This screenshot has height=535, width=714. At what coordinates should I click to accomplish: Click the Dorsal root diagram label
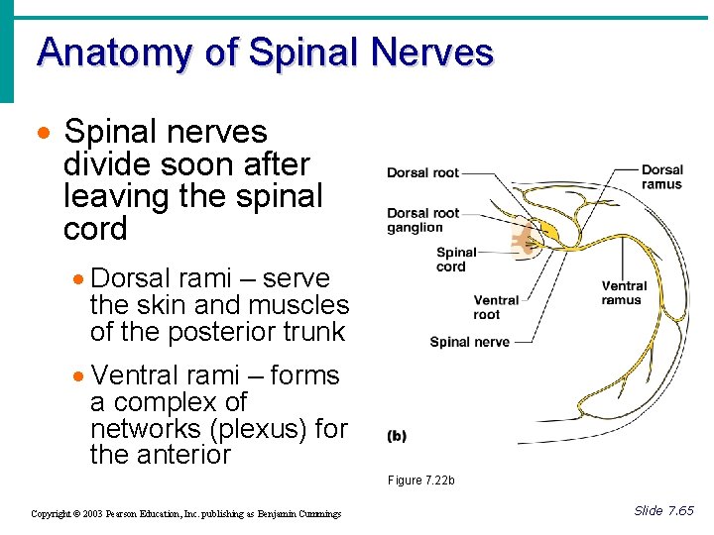(422, 173)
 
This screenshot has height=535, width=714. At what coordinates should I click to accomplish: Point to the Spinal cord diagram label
(456, 260)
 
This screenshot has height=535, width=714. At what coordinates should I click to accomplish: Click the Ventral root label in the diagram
(496, 307)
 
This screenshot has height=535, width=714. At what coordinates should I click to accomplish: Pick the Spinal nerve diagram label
(469, 343)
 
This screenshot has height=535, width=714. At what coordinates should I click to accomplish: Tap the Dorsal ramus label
(661, 177)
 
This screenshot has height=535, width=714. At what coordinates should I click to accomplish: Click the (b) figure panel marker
(396, 436)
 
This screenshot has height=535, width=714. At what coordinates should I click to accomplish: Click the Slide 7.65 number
(663, 511)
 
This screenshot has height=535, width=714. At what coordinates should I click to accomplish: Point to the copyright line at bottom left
(185, 514)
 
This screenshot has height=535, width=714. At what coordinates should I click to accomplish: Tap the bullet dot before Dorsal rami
(79, 280)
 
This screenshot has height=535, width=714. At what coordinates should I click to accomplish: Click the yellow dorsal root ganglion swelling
(548, 233)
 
